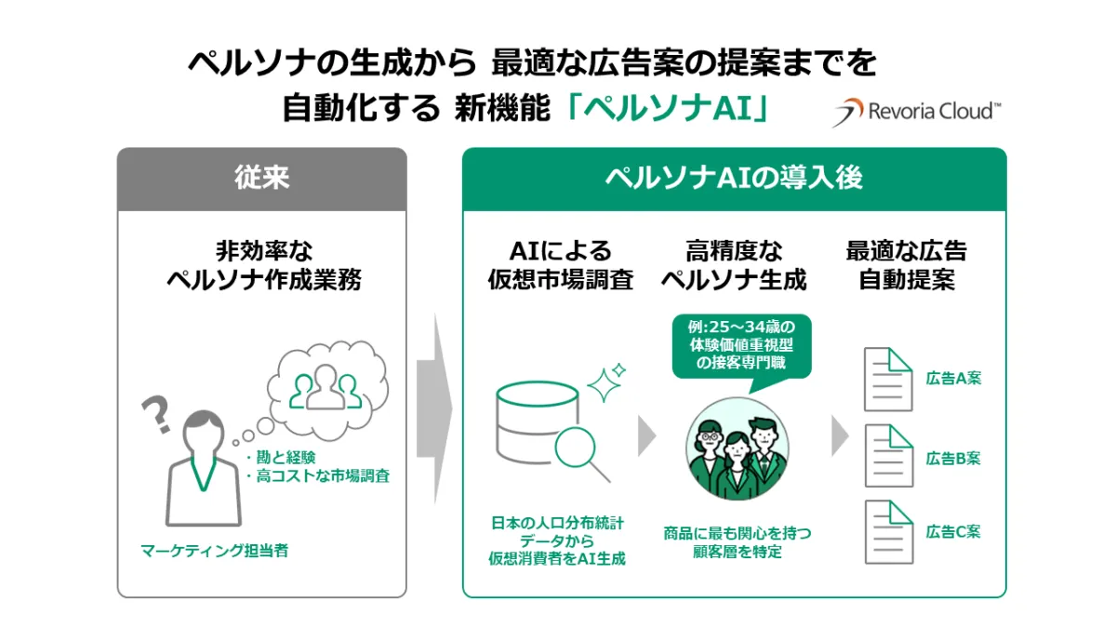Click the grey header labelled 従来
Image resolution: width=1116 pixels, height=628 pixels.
[x=261, y=177]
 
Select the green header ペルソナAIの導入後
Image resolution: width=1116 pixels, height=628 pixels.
[x=734, y=177]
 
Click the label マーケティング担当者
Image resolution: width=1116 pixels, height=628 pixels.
[x=215, y=551]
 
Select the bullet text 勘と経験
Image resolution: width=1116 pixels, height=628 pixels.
[x=281, y=457]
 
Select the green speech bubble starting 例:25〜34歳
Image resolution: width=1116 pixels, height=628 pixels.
[x=741, y=345]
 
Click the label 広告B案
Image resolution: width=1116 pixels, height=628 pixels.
[x=953, y=458]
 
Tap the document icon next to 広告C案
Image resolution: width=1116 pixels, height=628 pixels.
[x=887, y=531]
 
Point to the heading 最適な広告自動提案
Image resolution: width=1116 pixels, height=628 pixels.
[x=906, y=265]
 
